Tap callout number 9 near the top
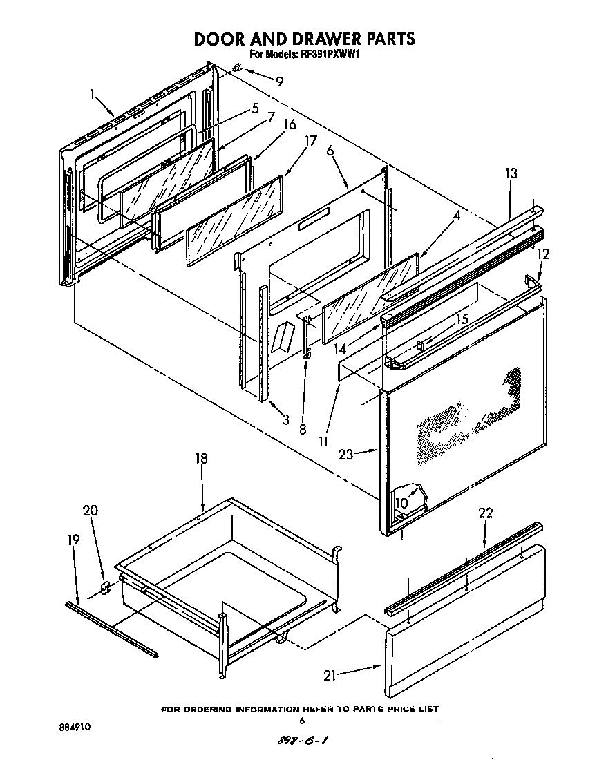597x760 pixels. point(278,81)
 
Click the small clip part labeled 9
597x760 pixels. point(236,68)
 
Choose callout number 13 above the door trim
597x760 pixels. point(511,173)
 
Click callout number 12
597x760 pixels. point(543,254)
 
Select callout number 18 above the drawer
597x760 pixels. point(201,459)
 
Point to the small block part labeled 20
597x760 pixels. point(106,588)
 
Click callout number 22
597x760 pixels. point(486,513)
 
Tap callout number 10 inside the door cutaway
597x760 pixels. point(401,503)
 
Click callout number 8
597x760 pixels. point(302,428)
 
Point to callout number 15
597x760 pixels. point(462,319)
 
